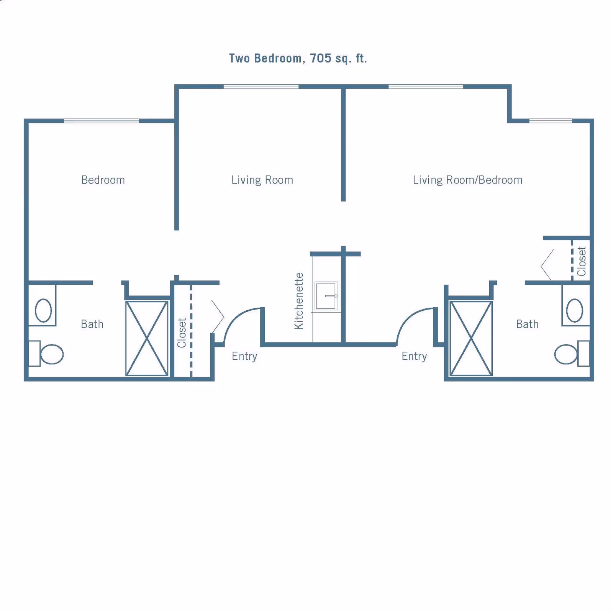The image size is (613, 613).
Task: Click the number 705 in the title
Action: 320,58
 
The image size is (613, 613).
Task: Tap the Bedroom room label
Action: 103,180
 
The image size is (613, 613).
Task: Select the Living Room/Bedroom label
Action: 467,180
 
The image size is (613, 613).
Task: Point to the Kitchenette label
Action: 299,301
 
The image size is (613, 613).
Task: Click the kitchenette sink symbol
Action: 326,296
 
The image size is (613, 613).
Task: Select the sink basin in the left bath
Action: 43,310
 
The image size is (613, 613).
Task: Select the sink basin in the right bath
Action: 575,310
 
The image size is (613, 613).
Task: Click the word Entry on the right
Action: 414,356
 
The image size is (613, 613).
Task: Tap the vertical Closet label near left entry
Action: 182,333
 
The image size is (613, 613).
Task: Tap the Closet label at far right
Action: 582,261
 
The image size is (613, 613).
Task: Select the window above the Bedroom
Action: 101,121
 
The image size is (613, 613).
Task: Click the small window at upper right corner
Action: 551,121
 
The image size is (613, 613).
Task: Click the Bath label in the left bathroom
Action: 92,324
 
